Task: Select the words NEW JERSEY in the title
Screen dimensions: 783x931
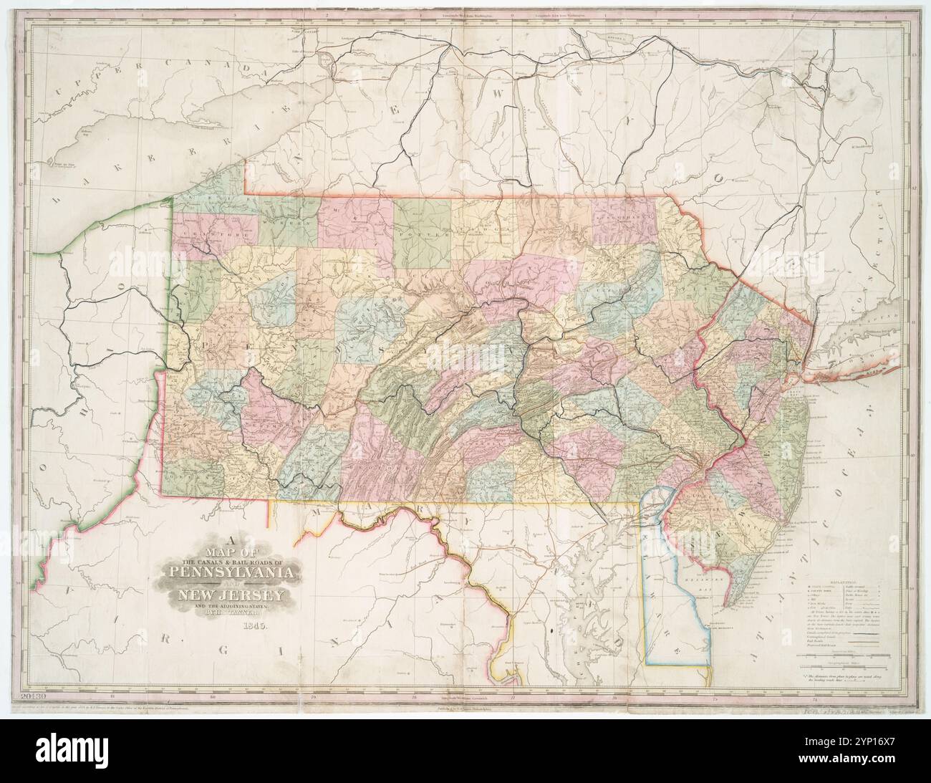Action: click(x=233, y=596)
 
